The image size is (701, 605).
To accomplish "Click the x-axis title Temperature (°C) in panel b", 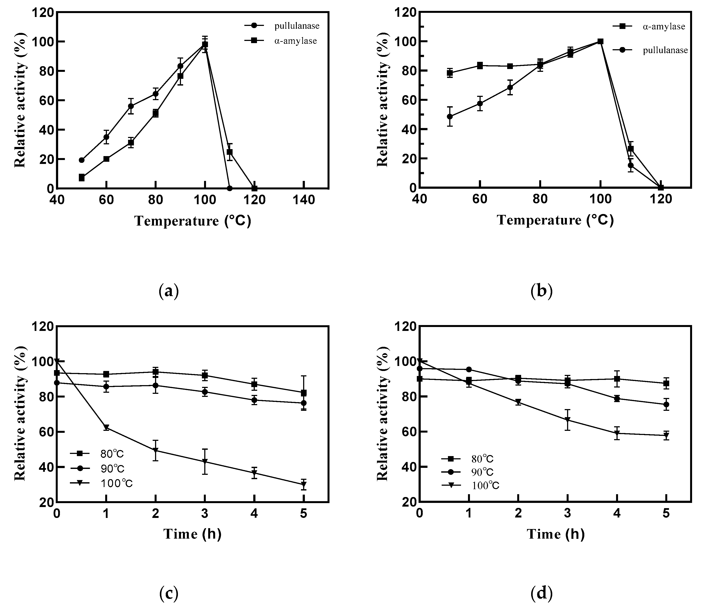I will pos(555,220).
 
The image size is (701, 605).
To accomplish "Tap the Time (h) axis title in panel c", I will pos(192,534).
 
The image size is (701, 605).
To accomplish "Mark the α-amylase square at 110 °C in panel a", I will pos(230,152).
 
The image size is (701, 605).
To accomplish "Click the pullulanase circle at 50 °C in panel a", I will pos(81,160).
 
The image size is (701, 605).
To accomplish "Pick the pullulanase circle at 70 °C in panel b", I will pos(510,88).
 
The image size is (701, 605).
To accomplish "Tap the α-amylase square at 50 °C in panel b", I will pos(450,73).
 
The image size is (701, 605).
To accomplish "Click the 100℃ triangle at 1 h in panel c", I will pos(106,427).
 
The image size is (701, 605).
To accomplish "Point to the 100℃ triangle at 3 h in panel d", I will pos(567,420).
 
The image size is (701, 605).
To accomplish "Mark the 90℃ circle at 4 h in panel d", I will pos(617,398).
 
